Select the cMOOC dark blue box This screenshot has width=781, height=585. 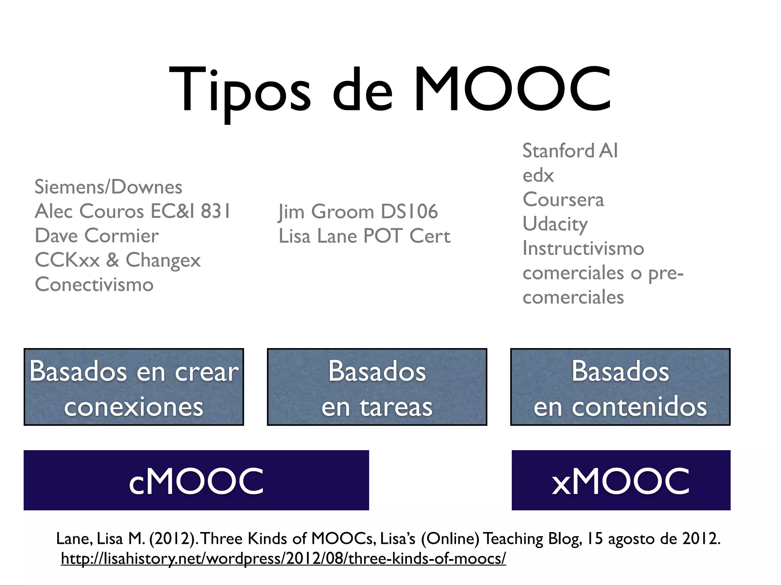tap(196, 480)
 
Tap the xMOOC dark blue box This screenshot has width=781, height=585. tap(621, 480)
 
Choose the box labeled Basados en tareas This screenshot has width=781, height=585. tap(377, 387)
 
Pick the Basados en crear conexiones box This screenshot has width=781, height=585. tap(133, 387)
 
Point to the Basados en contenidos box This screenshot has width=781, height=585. tap(620, 387)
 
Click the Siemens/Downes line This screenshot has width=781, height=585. tap(108, 187)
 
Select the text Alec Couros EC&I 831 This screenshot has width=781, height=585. tap(133, 211)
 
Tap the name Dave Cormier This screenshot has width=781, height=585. tap(97, 236)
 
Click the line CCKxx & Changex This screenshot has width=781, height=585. tap(117, 260)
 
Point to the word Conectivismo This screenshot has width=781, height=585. tap(94, 285)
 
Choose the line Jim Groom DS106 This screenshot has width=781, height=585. tap(358, 212)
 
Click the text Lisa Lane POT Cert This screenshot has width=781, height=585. tap(364, 236)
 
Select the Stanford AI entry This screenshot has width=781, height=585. tap(570, 151)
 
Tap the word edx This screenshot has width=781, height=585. tap(538, 176)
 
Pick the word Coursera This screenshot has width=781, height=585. tap(563, 200)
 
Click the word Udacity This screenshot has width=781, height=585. tap(555, 224)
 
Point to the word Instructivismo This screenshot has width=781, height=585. tap(583, 248)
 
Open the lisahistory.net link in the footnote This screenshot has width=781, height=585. tap(283, 559)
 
